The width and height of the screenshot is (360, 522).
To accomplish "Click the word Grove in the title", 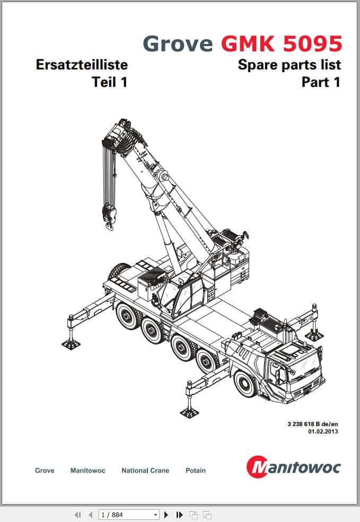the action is (178, 43).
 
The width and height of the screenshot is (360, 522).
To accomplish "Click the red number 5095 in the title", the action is (313, 43).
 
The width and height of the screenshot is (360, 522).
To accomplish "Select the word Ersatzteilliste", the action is (82, 65).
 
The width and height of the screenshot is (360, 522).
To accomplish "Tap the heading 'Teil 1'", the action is (110, 82).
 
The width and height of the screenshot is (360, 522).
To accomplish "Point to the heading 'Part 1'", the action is (321, 82).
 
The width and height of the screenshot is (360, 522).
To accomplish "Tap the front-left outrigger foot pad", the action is (189, 413).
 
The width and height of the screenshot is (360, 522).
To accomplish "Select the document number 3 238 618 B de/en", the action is (313, 424).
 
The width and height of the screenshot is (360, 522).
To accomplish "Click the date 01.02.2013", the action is (323, 431).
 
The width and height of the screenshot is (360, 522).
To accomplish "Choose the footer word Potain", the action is (196, 471).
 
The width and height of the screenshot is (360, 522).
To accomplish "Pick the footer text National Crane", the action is (145, 471).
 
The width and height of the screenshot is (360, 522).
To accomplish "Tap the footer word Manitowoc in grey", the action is (87, 471).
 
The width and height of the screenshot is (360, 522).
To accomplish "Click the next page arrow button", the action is (166, 515).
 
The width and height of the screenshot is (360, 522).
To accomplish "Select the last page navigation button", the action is (179, 515).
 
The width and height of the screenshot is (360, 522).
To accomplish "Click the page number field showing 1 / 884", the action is (129, 515).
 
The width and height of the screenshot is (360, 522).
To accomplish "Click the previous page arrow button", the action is (90, 515).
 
